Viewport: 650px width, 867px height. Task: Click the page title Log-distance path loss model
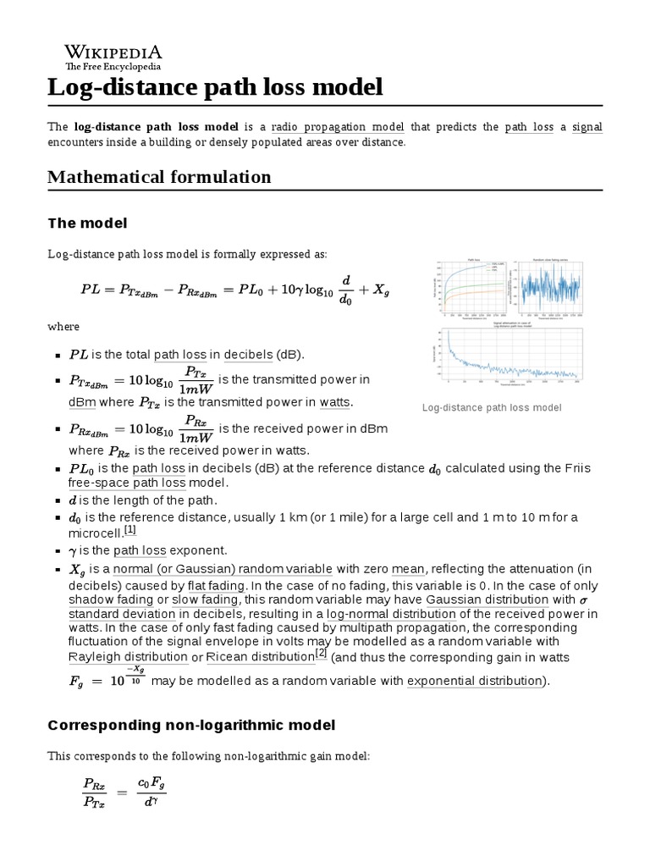pyautogui.click(x=215, y=87)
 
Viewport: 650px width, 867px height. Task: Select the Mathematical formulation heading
pyautogui.click(x=159, y=177)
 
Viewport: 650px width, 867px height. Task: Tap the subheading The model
pyautogui.click(x=87, y=223)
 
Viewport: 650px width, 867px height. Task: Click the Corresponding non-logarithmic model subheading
pyautogui.click(x=191, y=726)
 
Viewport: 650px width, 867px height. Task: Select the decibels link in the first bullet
pyautogui.click(x=250, y=354)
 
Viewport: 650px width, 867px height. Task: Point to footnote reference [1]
pyautogui.click(x=129, y=530)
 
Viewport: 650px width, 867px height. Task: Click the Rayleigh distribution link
pyautogui.click(x=128, y=657)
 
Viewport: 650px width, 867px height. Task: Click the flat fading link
pyautogui.click(x=217, y=586)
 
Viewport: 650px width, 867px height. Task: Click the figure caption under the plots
pyautogui.click(x=492, y=408)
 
